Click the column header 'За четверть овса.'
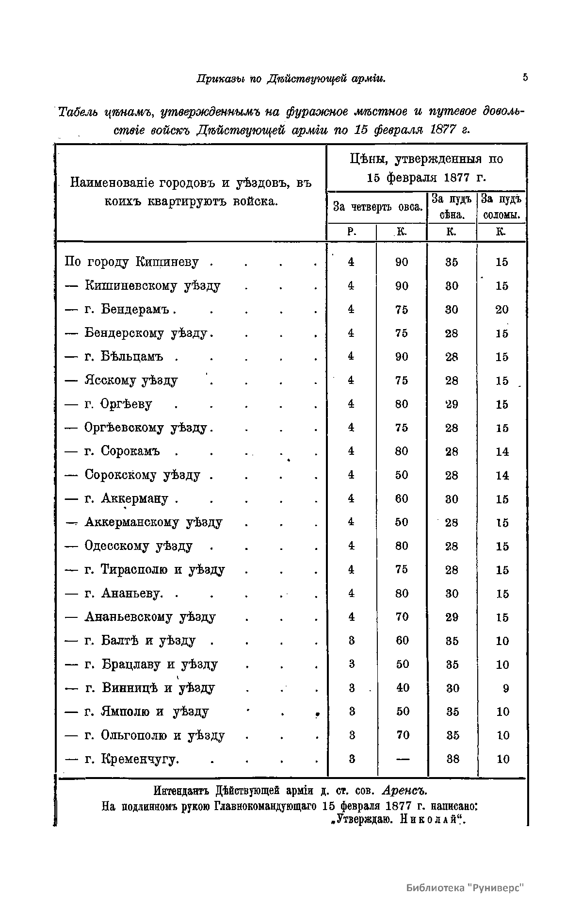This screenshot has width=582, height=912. pos(377,207)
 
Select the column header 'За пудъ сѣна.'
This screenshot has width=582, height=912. pos(452,207)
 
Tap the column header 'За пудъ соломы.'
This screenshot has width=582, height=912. pos(502,207)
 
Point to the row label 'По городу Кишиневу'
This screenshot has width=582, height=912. pos(131,262)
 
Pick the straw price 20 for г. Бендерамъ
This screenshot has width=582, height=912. pos(502,310)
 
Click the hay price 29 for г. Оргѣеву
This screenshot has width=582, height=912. pos(452,404)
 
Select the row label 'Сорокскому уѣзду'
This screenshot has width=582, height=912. pos(142,475)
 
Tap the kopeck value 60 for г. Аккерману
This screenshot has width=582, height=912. pos(402,499)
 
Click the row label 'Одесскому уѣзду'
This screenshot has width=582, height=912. pos(139,546)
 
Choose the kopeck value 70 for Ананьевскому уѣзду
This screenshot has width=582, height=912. pos(402,617)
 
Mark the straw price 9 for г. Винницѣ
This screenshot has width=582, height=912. pos(506,688)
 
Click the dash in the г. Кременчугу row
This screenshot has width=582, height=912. pos(403,759)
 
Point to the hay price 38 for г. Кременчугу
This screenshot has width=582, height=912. pos(453,759)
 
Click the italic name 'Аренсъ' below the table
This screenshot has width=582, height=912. pos(404,790)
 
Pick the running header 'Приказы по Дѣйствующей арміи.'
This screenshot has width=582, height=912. pos(291,79)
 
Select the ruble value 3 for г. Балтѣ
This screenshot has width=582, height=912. pos(352,641)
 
